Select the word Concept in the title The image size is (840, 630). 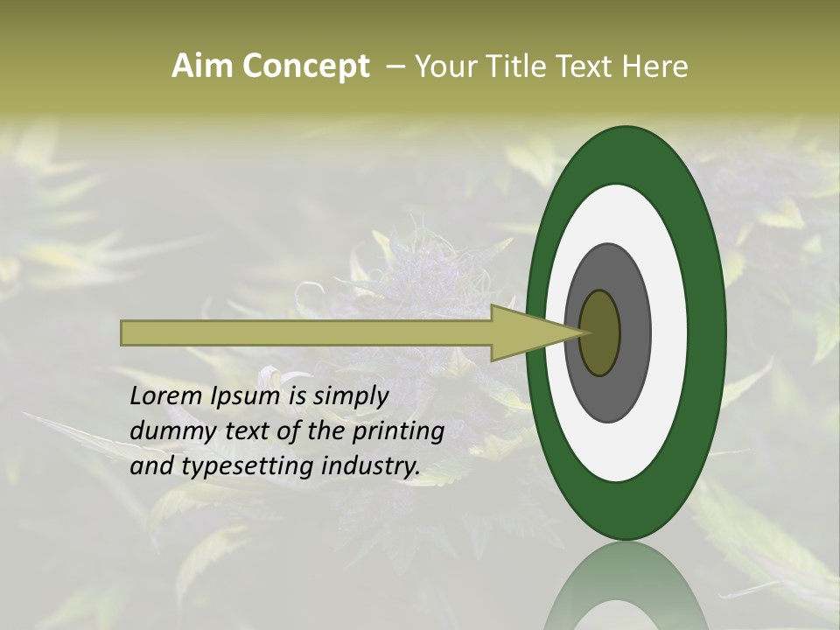click(x=305, y=66)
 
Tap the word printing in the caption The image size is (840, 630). click(x=398, y=431)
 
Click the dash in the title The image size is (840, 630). click(x=395, y=66)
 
